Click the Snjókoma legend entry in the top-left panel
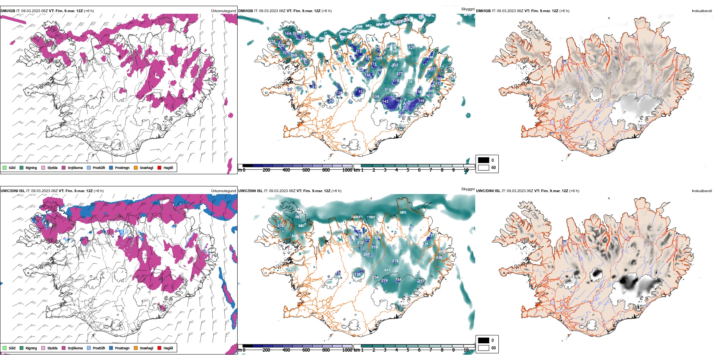[x=75, y=167]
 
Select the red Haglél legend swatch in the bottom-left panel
[x=160, y=348]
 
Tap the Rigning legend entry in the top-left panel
[x=31, y=167]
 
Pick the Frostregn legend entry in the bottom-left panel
[x=122, y=348]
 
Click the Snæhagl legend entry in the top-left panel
[x=146, y=167]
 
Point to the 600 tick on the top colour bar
[x=306, y=170]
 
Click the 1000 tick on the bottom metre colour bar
[x=347, y=350]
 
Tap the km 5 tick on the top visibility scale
[x=408, y=170]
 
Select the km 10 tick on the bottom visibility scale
[x=466, y=350]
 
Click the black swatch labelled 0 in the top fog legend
[x=484, y=160]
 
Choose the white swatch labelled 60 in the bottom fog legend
[x=484, y=348]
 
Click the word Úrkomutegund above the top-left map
[x=223, y=11]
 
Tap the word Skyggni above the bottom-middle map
[x=468, y=189]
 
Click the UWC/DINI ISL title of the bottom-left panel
[x=13, y=191]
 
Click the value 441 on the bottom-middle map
[x=387, y=270]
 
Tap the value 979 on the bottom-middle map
[x=403, y=213]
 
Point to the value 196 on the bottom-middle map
[x=358, y=274]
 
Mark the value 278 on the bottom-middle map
[x=395, y=261]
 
